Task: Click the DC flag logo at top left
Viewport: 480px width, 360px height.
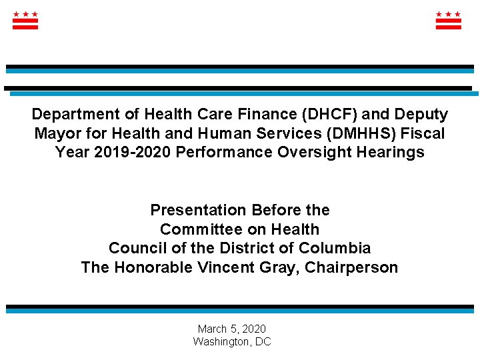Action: (x=25, y=20)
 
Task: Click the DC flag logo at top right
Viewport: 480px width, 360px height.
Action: (x=448, y=20)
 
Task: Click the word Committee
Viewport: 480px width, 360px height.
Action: (x=198, y=229)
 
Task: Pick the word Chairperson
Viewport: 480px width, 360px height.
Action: (x=351, y=268)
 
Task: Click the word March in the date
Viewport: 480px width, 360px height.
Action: (x=211, y=329)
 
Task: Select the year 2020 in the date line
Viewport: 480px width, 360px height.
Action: (x=254, y=329)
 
